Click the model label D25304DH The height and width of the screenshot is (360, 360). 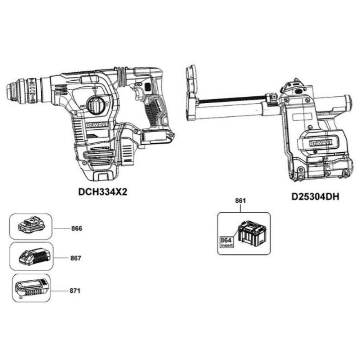[x=316, y=197]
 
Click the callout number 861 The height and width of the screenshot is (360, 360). [x=240, y=201]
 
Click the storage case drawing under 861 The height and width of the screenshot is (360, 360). [x=252, y=235]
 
